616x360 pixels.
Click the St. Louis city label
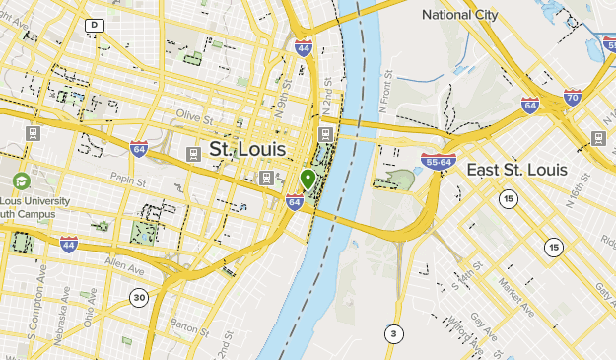247,149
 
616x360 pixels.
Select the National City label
461,15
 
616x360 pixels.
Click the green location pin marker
308,180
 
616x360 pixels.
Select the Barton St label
186,323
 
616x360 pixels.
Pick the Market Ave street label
515,297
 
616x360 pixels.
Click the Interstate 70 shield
573,97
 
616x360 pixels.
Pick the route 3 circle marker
394,332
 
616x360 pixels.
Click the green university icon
21,181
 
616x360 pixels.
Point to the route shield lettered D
94,25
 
